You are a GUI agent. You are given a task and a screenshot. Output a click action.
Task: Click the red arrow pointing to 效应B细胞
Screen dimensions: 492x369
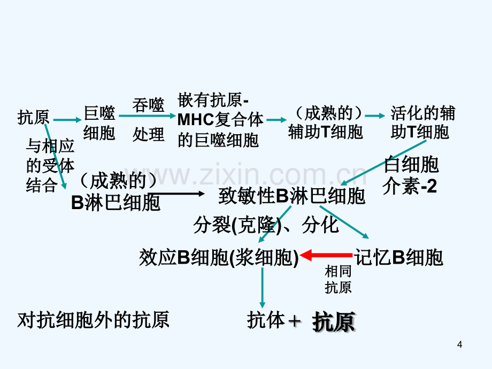[326, 256]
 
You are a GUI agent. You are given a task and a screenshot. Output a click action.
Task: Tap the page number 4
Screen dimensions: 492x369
[460, 344]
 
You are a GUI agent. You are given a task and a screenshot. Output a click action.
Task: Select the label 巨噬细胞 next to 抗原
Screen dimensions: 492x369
[99, 123]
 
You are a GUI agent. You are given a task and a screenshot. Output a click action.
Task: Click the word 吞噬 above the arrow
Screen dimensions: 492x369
[148, 105]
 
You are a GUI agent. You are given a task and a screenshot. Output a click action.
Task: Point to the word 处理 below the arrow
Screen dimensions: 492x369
[148, 135]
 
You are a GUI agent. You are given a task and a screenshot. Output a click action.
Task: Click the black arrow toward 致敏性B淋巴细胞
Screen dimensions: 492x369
[176, 194]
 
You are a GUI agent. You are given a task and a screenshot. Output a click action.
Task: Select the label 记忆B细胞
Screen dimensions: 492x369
[398, 258]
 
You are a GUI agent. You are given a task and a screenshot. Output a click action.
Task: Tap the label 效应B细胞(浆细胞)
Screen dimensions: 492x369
[219, 258]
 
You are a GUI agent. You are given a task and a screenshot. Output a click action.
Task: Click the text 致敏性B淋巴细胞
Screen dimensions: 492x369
[292, 196]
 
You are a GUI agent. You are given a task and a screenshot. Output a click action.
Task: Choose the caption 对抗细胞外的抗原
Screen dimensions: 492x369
[93, 320]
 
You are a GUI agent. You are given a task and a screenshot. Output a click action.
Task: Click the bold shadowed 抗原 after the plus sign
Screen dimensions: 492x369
[334, 322]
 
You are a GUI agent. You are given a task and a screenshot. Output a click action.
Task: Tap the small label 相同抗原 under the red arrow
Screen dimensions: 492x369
[338, 279]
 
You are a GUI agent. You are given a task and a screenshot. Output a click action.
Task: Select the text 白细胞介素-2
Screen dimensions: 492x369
[410, 175]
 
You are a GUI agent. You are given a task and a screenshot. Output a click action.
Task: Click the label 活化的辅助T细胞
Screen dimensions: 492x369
[422, 122]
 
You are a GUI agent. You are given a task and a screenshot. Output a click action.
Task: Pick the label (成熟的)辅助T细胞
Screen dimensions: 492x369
[326, 122]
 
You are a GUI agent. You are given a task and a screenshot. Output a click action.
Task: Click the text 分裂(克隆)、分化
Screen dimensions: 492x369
[266, 225]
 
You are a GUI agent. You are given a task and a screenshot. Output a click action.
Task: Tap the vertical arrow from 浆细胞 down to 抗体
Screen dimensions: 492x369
[263, 287]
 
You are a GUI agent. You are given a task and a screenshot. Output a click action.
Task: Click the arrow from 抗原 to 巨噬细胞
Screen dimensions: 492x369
[67, 120]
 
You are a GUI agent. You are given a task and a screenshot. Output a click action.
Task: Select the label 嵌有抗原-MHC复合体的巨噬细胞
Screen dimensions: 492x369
[220, 120]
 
